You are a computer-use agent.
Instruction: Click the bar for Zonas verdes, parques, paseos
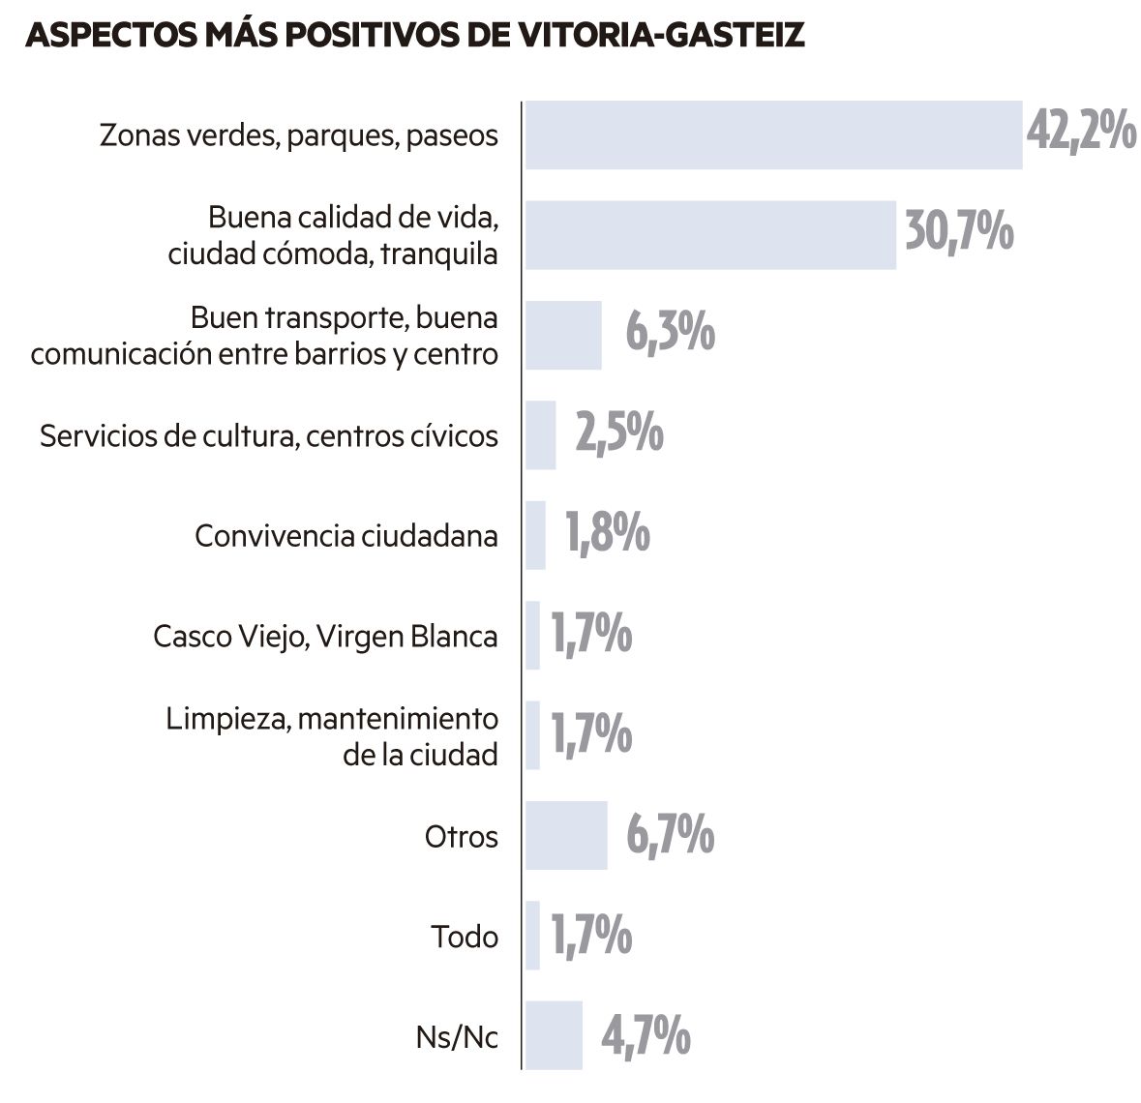773,135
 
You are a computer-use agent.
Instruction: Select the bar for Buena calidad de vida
710,235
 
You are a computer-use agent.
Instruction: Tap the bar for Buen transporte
563,336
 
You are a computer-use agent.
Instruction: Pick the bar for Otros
566,836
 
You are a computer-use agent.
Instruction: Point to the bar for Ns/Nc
554,1035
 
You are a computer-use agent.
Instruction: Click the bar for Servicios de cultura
540,435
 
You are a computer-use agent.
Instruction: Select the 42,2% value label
1081,133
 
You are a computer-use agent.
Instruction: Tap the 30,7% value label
959,233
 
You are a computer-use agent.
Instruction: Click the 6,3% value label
670,334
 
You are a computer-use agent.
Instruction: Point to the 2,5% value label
619,433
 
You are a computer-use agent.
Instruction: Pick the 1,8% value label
608,534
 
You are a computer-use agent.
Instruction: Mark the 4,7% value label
646,1035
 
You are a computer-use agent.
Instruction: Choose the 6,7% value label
671,835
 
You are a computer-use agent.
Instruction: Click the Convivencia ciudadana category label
346,536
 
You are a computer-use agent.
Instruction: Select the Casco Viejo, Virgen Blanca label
325,637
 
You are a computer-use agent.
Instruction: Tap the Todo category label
465,937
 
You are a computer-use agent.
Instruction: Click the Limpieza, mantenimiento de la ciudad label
332,736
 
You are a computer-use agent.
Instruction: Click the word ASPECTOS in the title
112,35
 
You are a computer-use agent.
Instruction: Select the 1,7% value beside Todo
591,936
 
